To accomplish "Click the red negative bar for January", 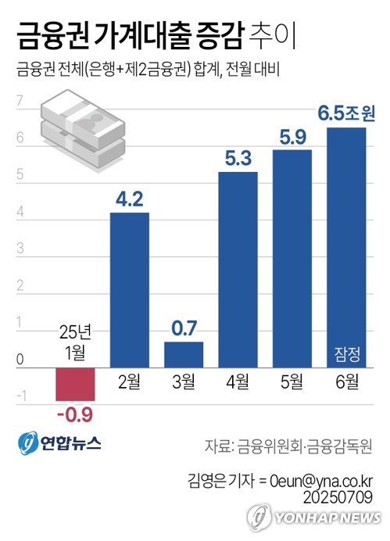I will [x=75, y=383].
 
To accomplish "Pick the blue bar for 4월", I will [x=238, y=270].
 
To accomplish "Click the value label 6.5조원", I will [x=346, y=114].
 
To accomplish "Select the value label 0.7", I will [x=184, y=328].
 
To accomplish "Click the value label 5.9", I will [x=292, y=136].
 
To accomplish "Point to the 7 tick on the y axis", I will [x=20, y=100].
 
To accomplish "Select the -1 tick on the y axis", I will [x=20, y=397].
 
